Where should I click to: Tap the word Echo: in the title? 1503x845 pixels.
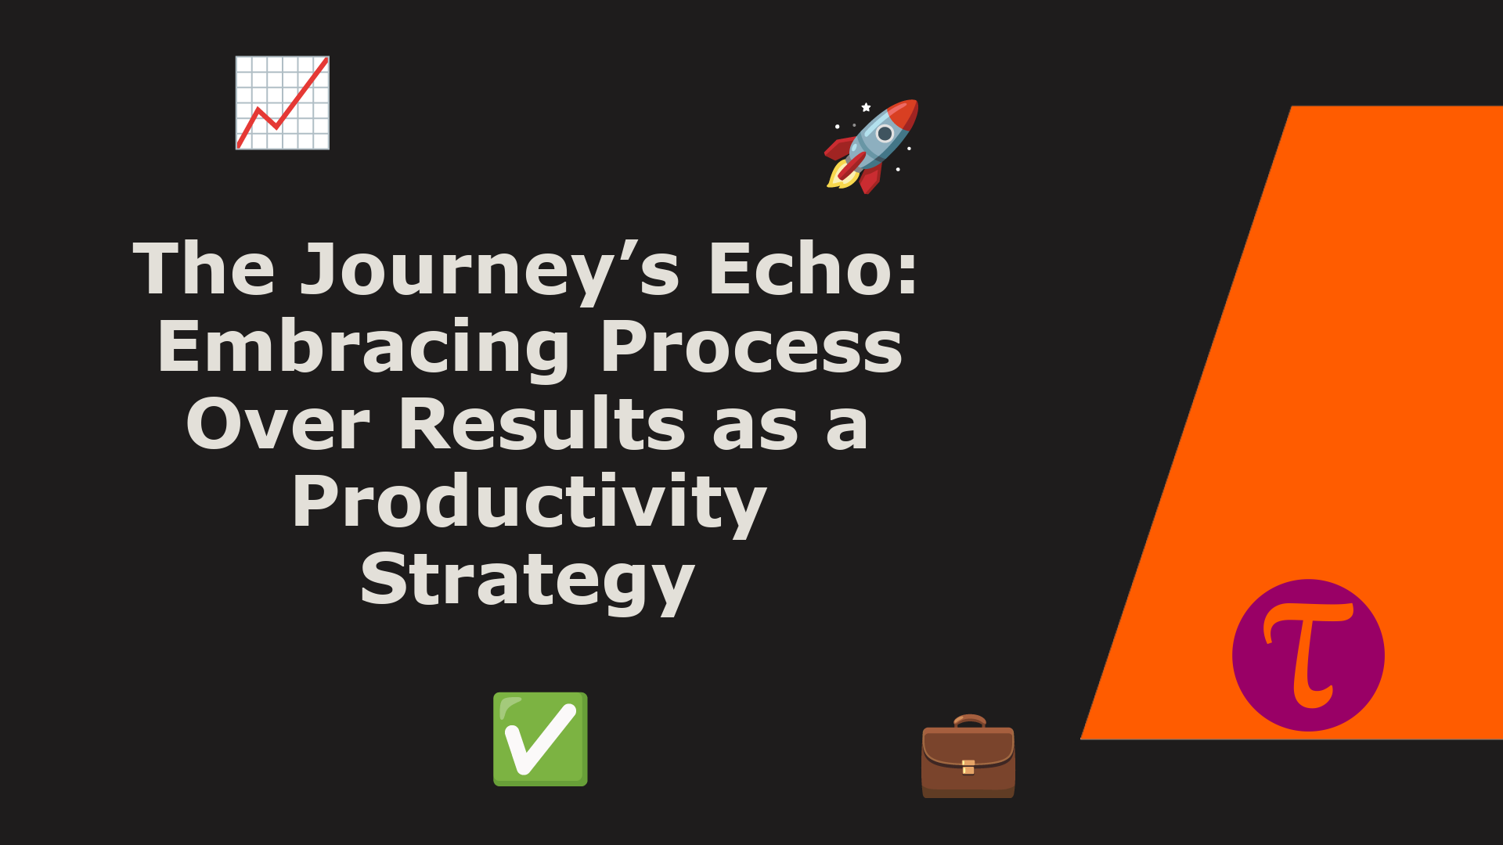[813, 268]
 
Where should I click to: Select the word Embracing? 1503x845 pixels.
[364, 349]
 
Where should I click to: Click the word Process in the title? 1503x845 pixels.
[751, 347]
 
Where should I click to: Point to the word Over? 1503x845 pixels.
[278, 423]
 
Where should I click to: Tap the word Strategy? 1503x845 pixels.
[528, 581]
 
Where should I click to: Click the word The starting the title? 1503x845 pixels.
[204, 268]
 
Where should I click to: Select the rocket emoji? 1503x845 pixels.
[871, 146]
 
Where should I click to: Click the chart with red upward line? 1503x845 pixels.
[283, 102]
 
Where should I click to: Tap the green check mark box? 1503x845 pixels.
[540, 739]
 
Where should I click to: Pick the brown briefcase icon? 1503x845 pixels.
[968, 756]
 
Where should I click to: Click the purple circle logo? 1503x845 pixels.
[1308, 656]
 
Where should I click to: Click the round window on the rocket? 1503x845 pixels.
[885, 133]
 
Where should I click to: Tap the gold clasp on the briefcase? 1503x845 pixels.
[968, 767]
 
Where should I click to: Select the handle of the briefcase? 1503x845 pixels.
[969, 721]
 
